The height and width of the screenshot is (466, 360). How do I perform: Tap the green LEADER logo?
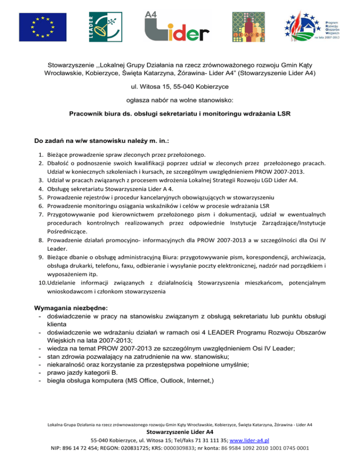click(104, 26)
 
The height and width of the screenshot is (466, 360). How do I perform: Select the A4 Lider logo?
click(177, 26)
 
